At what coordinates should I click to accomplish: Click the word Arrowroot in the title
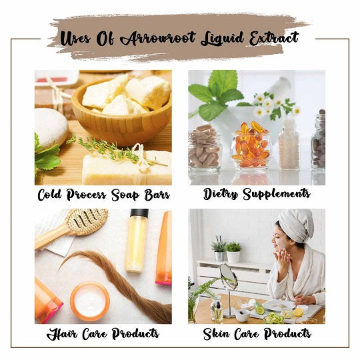pos(158,39)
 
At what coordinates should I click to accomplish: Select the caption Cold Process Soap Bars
pos(104,195)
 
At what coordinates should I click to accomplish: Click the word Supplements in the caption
pos(277,194)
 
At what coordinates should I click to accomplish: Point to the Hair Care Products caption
pos(103,334)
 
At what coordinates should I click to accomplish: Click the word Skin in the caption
pos(216,334)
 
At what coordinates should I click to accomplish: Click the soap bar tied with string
pos(127,167)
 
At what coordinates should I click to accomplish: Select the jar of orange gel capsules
pos(250,147)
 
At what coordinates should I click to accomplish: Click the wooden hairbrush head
pos(87,221)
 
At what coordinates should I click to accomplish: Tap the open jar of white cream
pos(90,301)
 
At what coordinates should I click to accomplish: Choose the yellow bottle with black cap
pos(137,240)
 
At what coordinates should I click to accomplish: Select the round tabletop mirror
pos(229,277)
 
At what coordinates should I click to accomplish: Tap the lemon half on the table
pos(298,313)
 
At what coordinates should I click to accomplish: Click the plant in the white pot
pos(233,252)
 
